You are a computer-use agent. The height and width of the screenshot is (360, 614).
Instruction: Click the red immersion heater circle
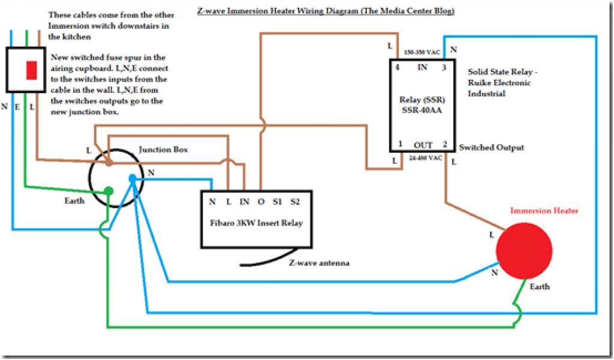tap(523, 250)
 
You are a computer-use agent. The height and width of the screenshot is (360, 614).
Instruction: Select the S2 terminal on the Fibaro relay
tap(294, 202)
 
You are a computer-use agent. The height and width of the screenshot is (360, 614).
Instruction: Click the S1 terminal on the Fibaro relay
tap(277, 202)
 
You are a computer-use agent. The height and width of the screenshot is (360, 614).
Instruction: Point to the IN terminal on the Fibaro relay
tap(245, 202)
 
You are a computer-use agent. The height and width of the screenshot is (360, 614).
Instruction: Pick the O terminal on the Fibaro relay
tap(261, 202)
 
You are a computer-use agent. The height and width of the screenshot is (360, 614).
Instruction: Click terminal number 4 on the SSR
tap(397, 67)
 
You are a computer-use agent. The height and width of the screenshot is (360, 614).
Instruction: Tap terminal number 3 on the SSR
tap(444, 67)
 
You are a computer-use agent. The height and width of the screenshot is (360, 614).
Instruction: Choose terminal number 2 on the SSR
tap(444, 145)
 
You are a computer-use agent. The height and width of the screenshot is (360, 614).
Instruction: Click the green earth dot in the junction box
tap(108, 191)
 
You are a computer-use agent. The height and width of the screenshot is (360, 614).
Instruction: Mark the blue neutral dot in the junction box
tap(133, 178)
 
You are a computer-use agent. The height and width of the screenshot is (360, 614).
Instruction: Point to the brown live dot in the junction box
tap(109, 162)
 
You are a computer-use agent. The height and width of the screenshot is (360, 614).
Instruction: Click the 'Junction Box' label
tap(163, 149)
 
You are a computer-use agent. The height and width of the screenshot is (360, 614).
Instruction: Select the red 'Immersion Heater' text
tap(544, 211)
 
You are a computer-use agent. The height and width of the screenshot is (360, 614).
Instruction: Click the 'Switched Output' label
tap(491, 148)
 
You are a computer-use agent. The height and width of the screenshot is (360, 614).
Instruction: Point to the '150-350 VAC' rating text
tap(422, 53)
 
